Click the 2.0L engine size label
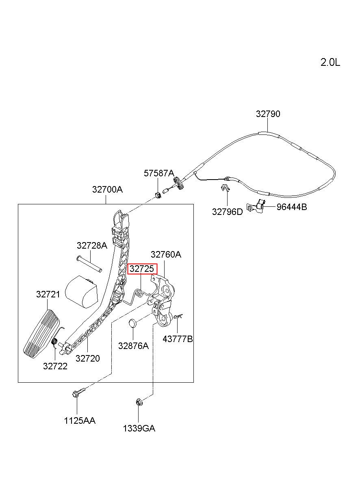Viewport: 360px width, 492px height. tap(330, 63)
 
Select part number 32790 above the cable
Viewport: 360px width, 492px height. tap(268, 114)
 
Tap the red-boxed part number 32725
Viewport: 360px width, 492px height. tap(142, 269)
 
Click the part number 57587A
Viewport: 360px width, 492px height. tap(159, 173)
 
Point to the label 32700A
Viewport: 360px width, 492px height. tap(107, 189)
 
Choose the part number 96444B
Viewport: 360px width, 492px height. tap(291, 207)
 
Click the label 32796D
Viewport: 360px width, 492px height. tap(227, 212)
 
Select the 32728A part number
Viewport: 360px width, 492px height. tap(92, 245)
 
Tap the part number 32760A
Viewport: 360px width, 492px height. tap(166, 254)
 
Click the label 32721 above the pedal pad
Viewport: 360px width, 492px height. tap(48, 294)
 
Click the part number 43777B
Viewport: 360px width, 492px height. tap(178, 339)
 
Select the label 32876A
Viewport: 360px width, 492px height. tap(133, 346)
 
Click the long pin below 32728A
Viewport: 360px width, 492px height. tap(89, 264)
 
